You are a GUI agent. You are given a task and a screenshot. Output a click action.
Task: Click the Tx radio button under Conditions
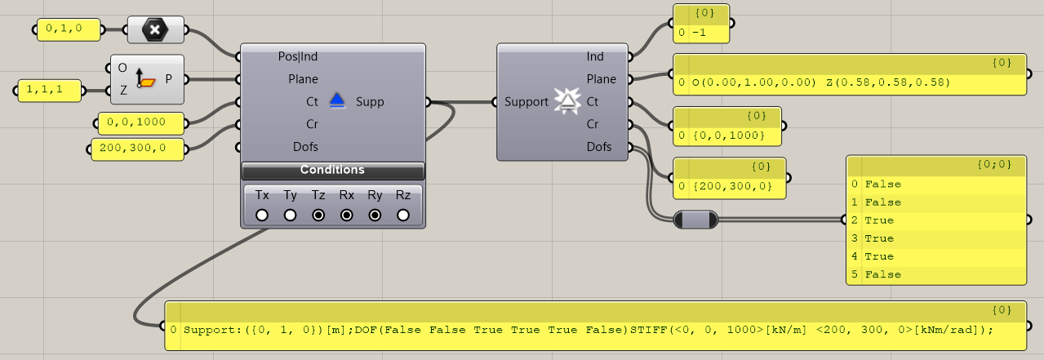tap(262, 216)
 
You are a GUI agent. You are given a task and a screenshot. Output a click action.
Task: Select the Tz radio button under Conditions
tap(318, 216)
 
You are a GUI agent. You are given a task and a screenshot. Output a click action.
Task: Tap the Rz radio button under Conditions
tap(403, 216)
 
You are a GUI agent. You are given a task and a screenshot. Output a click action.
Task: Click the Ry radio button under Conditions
tap(375, 216)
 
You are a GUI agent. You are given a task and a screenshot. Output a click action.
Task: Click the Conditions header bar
tap(332, 170)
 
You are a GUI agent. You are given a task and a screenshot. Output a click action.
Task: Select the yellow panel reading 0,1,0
tap(70, 30)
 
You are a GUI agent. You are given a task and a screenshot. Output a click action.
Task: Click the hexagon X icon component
tap(154, 31)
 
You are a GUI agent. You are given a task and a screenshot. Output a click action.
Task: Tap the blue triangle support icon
tap(338, 101)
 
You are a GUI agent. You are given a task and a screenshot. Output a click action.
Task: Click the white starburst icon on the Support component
tap(565, 101)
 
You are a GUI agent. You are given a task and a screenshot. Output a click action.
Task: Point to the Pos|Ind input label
tap(298, 56)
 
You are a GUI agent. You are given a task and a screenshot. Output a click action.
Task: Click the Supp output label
tap(370, 102)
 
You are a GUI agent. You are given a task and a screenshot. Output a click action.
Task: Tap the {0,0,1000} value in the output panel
tap(727, 134)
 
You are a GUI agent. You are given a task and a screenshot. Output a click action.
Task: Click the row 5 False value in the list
tap(883, 274)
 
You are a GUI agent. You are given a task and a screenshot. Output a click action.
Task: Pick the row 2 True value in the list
tap(879, 220)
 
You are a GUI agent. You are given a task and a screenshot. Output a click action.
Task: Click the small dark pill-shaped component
tap(696, 220)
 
